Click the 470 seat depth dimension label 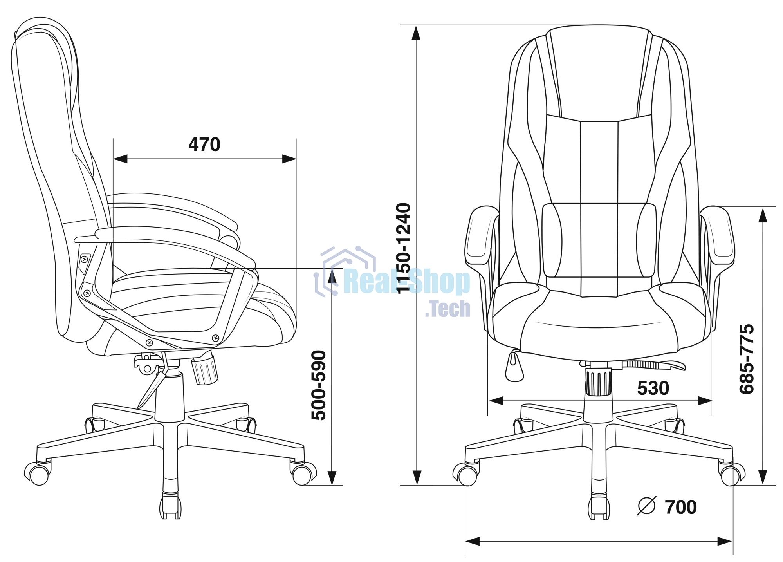pyautogui.click(x=204, y=145)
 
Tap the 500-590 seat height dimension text pyautogui.click(x=319, y=385)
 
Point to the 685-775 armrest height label pyautogui.click(x=747, y=359)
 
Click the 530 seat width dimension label pyautogui.click(x=653, y=388)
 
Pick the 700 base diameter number pyautogui.click(x=681, y=507)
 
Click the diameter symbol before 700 pyautogui.click(x=646, y=506)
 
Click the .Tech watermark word pyautogui.click(x=447, y=309)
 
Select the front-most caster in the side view pyautogui.click(x=170, y=507)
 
